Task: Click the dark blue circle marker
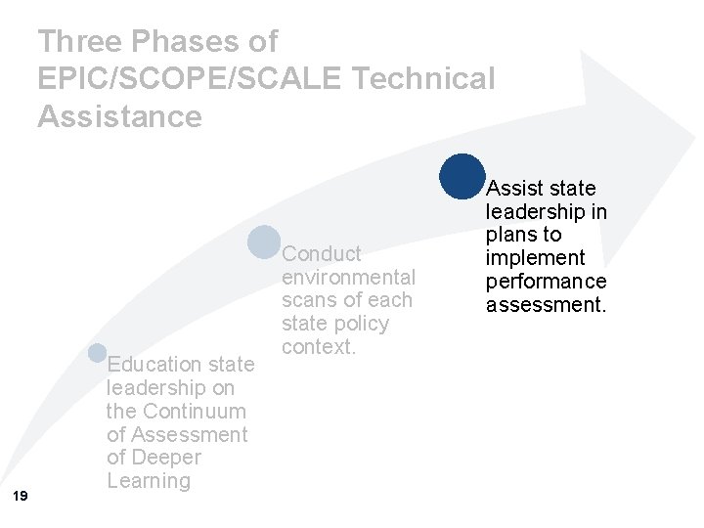pyautogui.click(x=462, y=176)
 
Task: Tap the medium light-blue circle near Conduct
pyautogui.click(x=264, y=242)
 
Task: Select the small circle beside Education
pyautogui.click(x=97, y=353)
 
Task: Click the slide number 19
pyautogui.click(x=21, y=497)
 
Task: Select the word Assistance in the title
pyautogui.click(x=119, y=116)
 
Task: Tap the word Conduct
pyautogui.click(x=322, y=254)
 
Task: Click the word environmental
pyautogui.click(x=348, y=278)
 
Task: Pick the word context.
pyautogui.click(x=319, y=347)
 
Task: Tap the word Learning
pyautogui.click(x=149, y=481)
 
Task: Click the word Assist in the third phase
pyautogui.click(x=513, y=188)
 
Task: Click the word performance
pyautogui.click(x=547, y=282)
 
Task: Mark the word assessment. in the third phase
pyautogui.click(x=547, y=305)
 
